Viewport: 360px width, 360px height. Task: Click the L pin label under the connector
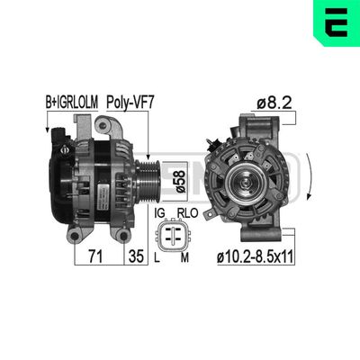pyautogui.click(x=157, y=259)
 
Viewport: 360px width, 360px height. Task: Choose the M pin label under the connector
pyautogui.click(x=186, y=259)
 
